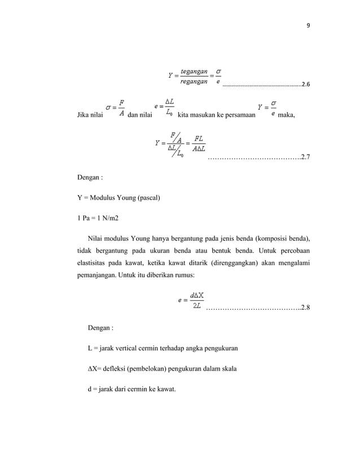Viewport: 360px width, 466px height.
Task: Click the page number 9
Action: [308, 25]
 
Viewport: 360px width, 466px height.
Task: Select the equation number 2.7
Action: [305, 158]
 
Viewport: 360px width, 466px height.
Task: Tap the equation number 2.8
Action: [305, 308]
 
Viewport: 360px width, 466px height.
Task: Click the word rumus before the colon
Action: [182, 275]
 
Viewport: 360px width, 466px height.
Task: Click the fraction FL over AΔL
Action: [198, 144]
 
